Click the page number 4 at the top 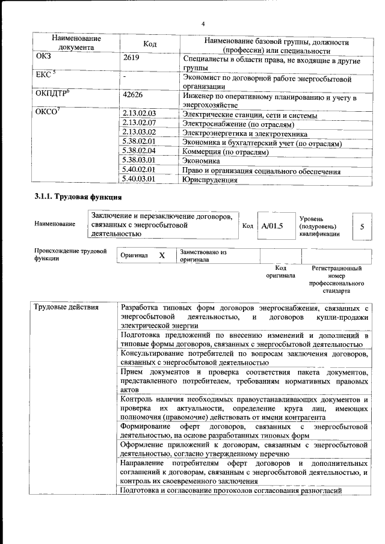[x=203, y=23]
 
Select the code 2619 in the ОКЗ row [x=131, y=58]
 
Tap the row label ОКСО [x=48, y=112]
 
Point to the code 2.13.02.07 [x=138, y=123]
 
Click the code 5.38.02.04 [x=138, y=151]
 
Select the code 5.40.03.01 [x=138, y=179]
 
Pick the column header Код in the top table [x=150, y=44]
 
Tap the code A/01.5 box [x=272, y=226]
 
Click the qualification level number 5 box [x=362, y=227]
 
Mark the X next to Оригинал [x=161, y=255]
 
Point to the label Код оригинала [x=280, y=272]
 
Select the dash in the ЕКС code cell [x=124, y=77]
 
